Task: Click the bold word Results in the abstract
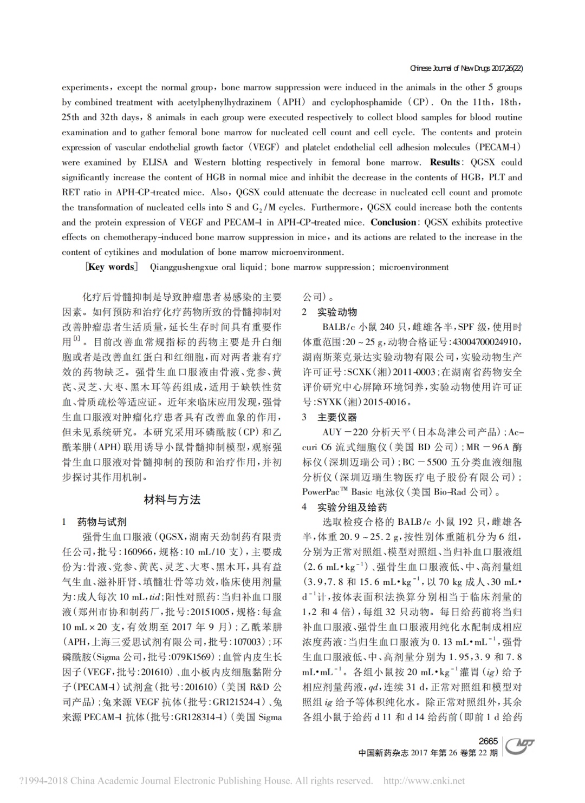[445, 162]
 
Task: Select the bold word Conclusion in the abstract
[393, 222]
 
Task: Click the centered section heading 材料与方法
[172, 500]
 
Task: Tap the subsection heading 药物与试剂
[102, 522]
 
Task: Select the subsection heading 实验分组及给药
[352, 508]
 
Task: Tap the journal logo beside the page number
[519, 746]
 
